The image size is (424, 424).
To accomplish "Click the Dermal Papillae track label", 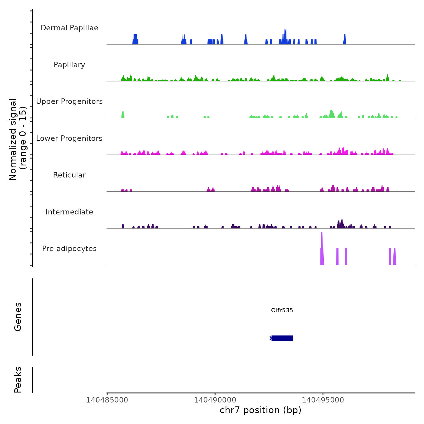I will tap(69, 28).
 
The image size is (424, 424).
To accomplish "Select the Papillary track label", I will tap(69, 65).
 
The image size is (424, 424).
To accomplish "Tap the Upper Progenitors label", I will tap(69, 101).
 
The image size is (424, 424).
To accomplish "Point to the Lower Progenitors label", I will tap(69, 138).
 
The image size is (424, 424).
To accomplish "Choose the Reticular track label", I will tap(69, 175).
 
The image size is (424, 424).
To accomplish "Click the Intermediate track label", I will tap(69, 212).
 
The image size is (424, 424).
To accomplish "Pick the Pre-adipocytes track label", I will tap(69, 249).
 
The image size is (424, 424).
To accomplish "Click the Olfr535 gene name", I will tap(282, 310).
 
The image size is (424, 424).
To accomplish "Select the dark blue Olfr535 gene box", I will tap(282, 338).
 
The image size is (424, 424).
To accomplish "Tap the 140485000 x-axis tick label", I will tap(107, 400).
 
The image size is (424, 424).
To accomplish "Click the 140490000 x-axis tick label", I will tap(215, 400).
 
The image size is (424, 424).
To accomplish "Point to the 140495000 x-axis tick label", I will tap(323, 400).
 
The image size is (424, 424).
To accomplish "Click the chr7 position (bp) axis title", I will tap(260, 410).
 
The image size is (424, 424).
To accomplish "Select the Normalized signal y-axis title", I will tap(18, 139).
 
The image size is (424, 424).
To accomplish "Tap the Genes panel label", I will tap(18, 317).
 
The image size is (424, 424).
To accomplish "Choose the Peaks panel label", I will tap(18, 380).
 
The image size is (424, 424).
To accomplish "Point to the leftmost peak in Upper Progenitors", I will tap(123, 115).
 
